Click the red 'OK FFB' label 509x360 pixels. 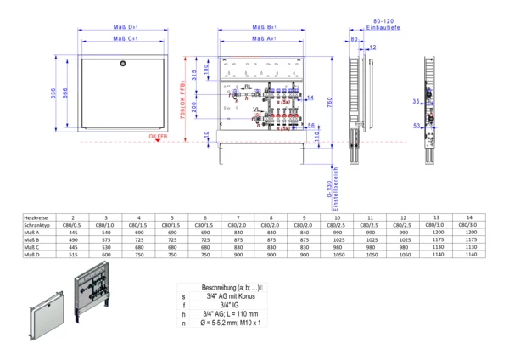coord(158,136)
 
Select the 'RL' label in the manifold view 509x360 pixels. coord(248,87)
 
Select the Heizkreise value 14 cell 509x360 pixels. coord(468,218)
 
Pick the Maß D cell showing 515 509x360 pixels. coord(73,254)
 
